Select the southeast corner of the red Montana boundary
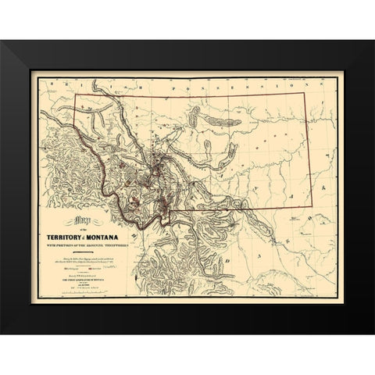tap(313, 208)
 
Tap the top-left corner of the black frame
tap(2, 41)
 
